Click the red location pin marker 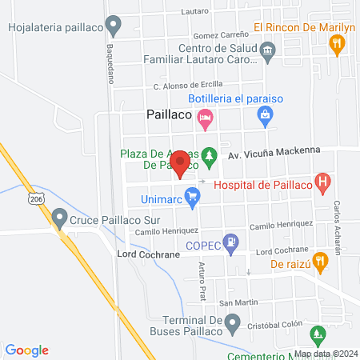pyautogui.click(x=181, y=164)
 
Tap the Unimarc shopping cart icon pyautogui.click(x=191, y=194)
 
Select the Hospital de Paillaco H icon pyautogui.click(x=322, y=184)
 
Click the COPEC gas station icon pyautogui.click(x=232, y=242)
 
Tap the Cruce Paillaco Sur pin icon pyautogui.click(x=59, y=217)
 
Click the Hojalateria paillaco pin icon pyautogui.click(x=115, y=26)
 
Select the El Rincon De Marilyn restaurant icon pyautogui.click(x=338, y=44)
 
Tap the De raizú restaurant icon pyautogui.click(x=319, y=261)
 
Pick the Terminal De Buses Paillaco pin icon pyautogui.click(x=232, y=324)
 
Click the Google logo pyautogui.click(x=27, y=350)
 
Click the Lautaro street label pyautogui.click(x=194, y=11)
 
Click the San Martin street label pyautogui.click(x=237, y=302)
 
